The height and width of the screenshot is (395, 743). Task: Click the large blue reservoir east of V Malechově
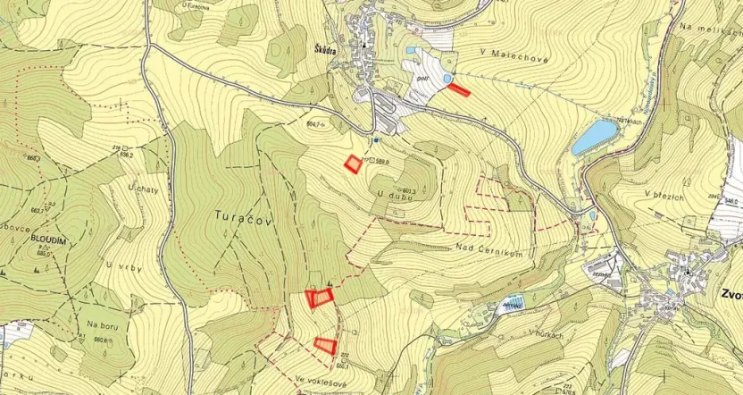[596, 137]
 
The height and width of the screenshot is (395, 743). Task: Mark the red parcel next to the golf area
[458, 88]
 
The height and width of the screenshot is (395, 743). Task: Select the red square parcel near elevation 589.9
[355, 164]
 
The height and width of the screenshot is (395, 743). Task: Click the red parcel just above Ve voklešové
[326, 344]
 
